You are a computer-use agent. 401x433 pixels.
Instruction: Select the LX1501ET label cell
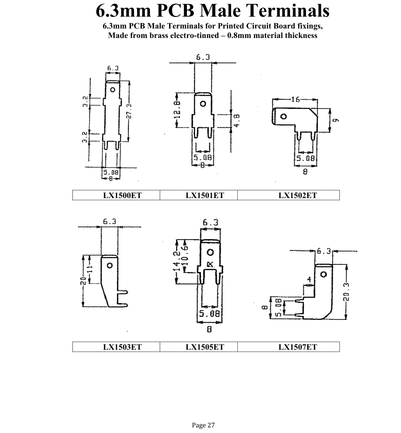(x=199, y=195)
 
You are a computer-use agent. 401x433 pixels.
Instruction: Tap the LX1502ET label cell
(x=298, y=195)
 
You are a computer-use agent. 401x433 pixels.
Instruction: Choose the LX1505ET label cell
(x=199, y=347)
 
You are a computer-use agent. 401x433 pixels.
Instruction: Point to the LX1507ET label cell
(x=298, y=347)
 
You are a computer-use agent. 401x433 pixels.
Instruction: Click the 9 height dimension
(x=335, y=120)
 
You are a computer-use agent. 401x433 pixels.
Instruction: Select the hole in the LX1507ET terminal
(x=323, y=274)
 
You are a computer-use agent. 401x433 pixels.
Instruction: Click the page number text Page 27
(x=200, y=425)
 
